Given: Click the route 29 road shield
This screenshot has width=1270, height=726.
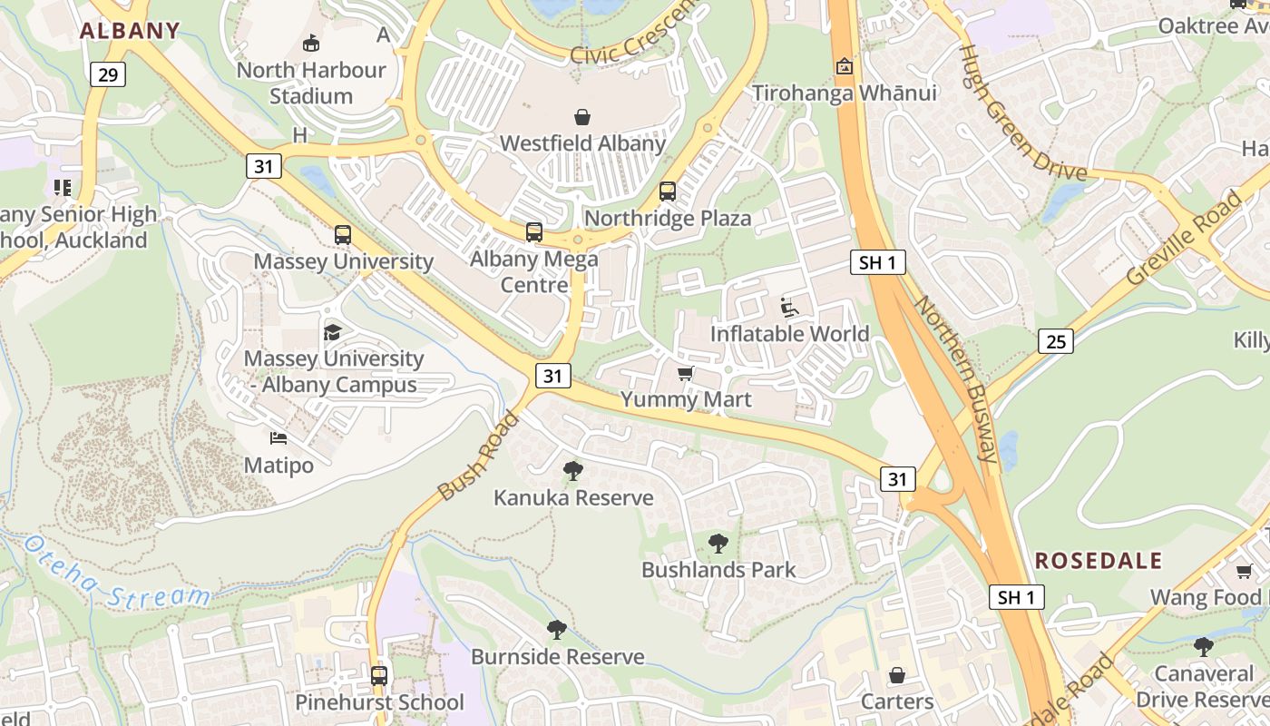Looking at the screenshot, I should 107,74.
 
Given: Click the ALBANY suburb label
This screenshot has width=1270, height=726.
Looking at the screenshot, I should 130,31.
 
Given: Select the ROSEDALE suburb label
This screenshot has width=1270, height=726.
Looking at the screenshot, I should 1099,560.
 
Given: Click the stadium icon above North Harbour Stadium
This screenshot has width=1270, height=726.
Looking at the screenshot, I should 311,43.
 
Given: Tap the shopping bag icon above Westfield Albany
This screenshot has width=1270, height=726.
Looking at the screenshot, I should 582,117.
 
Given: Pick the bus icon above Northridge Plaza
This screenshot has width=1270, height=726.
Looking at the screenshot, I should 668,191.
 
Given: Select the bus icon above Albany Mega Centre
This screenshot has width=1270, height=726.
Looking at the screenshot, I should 534,232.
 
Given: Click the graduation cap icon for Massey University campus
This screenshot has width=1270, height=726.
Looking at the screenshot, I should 333,332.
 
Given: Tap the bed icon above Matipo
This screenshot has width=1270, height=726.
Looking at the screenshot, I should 278,438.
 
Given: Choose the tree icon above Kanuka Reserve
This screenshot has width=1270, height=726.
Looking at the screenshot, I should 572,470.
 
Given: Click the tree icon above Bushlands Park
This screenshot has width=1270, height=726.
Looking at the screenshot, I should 718,544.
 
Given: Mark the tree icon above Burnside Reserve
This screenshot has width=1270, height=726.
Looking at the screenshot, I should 557,630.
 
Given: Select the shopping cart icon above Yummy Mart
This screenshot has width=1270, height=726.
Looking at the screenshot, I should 686,374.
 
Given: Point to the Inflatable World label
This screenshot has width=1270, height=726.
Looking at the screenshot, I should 789,334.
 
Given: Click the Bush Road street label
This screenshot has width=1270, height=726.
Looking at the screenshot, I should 478,456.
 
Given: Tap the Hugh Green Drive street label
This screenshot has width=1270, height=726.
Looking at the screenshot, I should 1022,113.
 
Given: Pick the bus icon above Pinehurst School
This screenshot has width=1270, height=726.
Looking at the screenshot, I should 379,676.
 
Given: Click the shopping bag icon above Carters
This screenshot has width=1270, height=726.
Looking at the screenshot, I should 897,675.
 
